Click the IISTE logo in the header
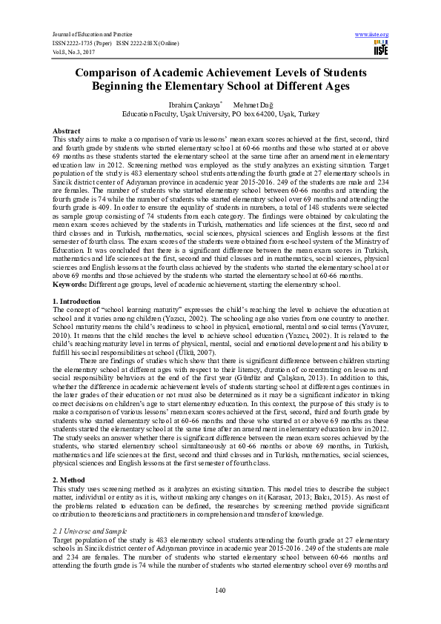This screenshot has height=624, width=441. [381, 48]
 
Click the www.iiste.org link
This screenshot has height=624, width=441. [372, 34]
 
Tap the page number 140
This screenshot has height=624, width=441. [220, 589]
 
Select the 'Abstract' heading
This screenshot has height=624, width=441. [67, 130]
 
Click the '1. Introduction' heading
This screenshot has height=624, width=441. [77, 302]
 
